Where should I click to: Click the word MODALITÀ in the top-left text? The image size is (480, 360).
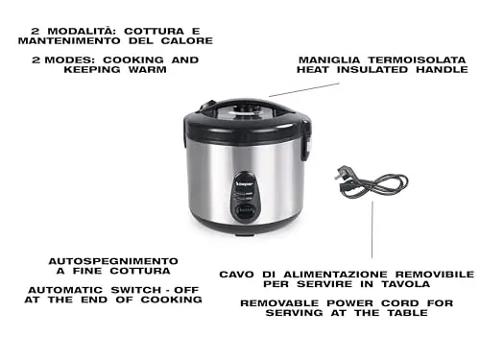[82, 32]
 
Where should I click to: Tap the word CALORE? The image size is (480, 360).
[187, 41]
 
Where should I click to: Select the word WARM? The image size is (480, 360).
[148, 70]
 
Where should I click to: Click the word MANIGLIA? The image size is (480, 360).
[329, 60]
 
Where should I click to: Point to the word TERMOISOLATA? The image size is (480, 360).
[417, 60]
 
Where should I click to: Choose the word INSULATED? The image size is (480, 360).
[372, 70]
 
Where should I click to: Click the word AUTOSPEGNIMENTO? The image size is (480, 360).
[113, 261]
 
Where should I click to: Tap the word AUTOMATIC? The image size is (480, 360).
[65, 290]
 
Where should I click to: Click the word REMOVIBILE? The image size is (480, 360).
[435, 275]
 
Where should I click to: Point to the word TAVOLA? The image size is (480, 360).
[406, 284]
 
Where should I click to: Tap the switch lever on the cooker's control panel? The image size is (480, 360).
[245, 211]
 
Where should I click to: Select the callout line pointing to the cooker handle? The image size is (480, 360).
[304, 89]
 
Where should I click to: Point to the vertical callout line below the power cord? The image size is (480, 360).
[372, 229]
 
